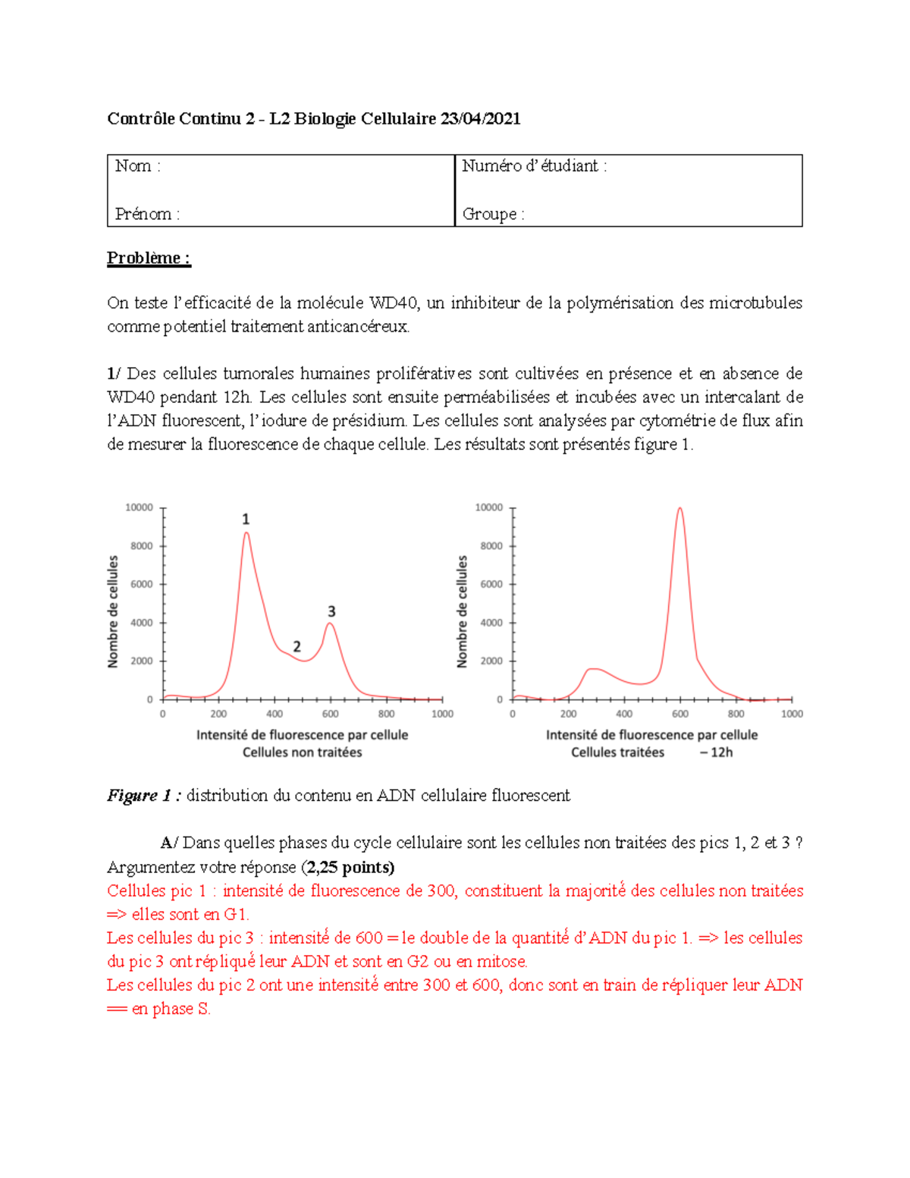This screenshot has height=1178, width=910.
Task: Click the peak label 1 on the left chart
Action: (x=246, y=520)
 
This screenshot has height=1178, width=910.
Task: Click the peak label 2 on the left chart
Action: (x=297, y=647)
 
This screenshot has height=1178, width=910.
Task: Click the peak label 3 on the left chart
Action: (x=331, y=611)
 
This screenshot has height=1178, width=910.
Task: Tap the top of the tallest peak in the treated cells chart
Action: (x=680, y=509)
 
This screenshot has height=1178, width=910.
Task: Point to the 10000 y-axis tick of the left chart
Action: (x=139, y=507)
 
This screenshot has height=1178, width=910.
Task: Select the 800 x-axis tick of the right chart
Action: (x=736, y=714)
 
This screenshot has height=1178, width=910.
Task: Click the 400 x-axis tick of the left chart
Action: (x=275, y=714)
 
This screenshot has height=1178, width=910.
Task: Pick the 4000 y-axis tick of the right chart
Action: (x=491, y=623)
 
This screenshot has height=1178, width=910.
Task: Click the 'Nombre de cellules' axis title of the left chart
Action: (x=113, y=611)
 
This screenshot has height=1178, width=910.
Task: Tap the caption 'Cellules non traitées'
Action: (x=302, y=752)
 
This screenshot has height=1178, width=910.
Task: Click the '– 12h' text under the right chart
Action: (x=716, y=752)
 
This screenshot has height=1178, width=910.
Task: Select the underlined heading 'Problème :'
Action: (x=149, y=258)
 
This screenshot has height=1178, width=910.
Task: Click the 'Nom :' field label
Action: (x=137, y=166)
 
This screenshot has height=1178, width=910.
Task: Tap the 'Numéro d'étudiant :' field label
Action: (x=534, y=166)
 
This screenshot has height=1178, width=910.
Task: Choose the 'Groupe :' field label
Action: (x=493, y=214)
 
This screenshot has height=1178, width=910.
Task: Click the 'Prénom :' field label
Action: (x=147, y=214)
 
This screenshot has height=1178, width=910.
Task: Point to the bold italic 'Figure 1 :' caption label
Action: (x=144, y=796)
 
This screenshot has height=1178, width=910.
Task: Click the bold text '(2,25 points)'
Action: (x=348, y=867)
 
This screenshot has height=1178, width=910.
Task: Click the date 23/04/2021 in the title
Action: (x=480, y=118)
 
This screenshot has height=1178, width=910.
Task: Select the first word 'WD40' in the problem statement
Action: (x=393, y=303)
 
